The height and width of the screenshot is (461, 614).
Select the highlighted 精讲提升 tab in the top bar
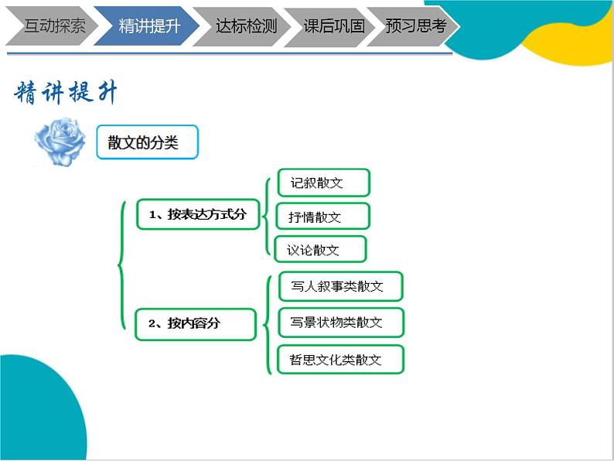(x=146, y=26)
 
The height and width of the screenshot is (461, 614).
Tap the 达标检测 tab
(x=243, y=26)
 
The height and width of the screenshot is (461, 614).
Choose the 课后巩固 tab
(x=333, y=26)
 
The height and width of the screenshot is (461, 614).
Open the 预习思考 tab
(x=416, y=26)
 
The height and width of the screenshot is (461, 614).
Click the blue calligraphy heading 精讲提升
(x=67, y=94)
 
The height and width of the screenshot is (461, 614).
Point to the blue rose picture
(x=60, y=141)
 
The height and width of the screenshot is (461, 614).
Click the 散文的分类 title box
(x=147, y=142)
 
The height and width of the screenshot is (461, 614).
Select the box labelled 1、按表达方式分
(x=197, y=214)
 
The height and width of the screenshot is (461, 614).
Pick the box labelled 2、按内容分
(x=195, y=323)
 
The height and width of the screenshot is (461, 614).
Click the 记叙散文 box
(x=323, y=183)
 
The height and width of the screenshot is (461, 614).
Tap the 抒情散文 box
(x=322, y=217)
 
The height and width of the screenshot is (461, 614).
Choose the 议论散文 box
(x=320, y=250)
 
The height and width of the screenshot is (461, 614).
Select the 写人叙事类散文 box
(x=340, y=286)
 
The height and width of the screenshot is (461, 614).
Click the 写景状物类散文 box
(x=340, y=322)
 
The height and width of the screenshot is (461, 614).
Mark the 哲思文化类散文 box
(x=340, y=360)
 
